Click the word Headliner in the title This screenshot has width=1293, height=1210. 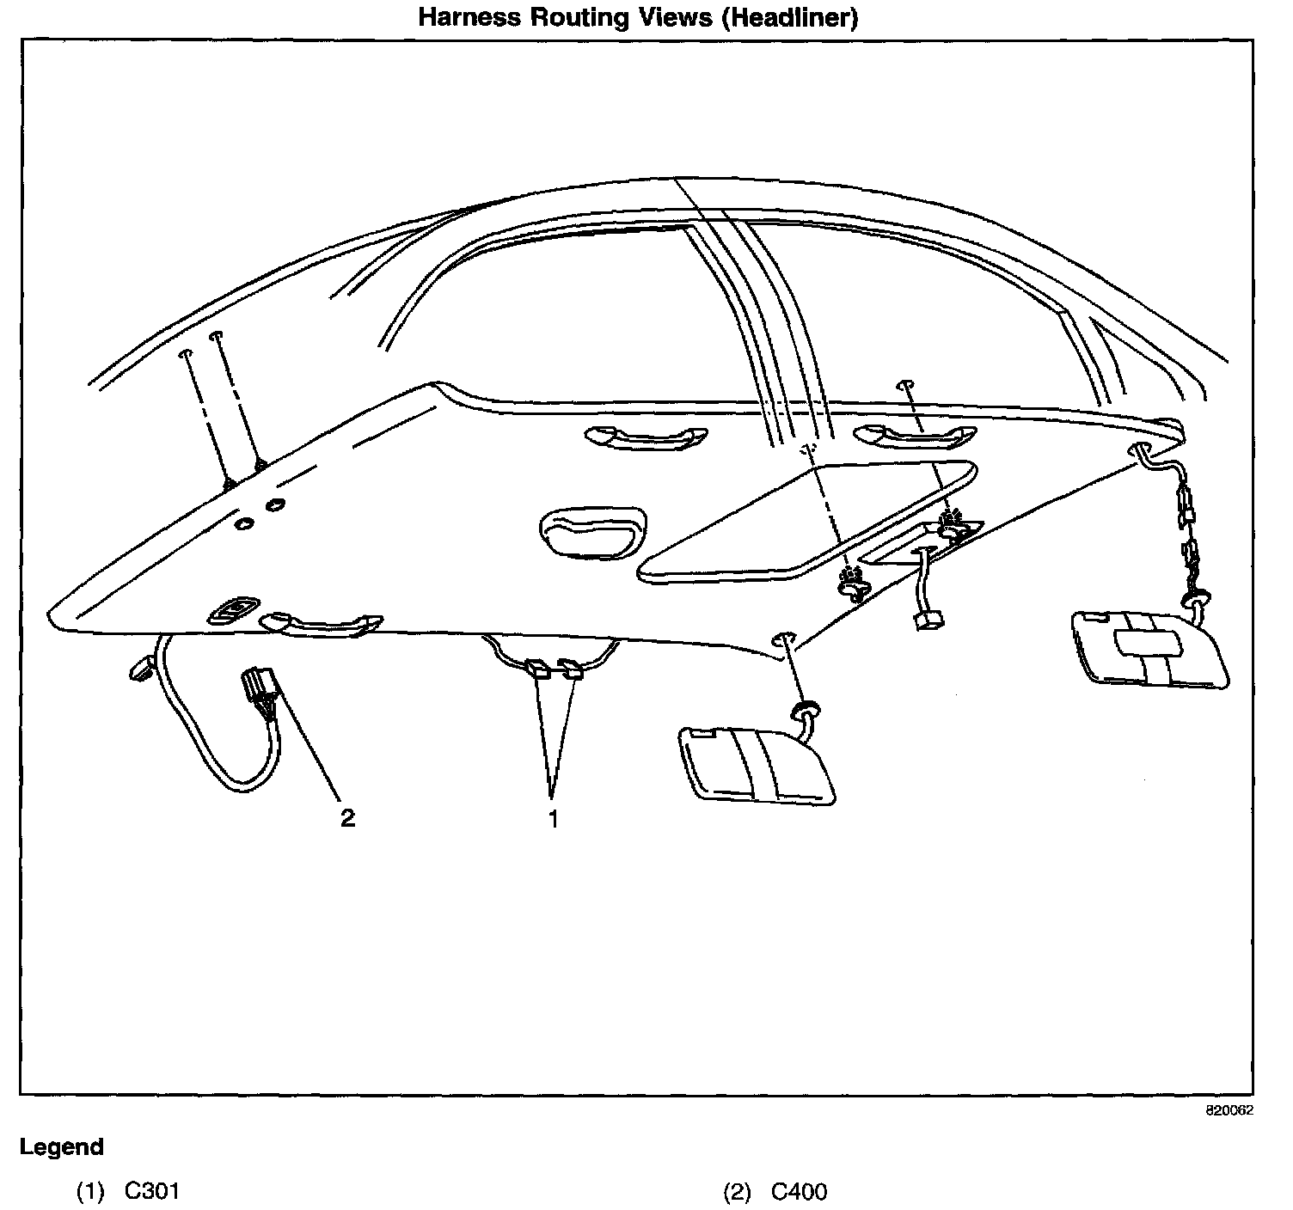click(x=788, y=18)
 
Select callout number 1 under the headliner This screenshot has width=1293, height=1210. click(x=553, y=818)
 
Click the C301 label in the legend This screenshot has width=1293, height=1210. click(x=152, y=1191)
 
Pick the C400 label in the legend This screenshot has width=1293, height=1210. click(x=799, y=1191)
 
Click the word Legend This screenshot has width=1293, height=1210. click(x=62, y=1147)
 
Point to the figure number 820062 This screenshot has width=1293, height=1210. click(x=1229, y=1109)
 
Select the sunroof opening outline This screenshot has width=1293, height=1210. click(x=808, y=520)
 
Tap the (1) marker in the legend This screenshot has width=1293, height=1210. click(x=90, y=1191)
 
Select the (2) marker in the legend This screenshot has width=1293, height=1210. click(x=737, y=1191)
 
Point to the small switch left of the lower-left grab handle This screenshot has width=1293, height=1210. click(x=231, y=611)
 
